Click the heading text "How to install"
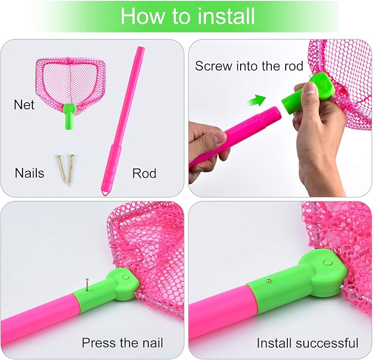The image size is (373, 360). click(187, 16)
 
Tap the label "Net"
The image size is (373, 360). click(24, 104)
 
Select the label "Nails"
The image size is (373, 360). click(30, 173)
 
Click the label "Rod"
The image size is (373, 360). click(144, 173)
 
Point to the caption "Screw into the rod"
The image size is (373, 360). click(249, 66)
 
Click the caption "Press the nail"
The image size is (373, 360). click(122, 344)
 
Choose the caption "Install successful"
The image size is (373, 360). click(307, 344)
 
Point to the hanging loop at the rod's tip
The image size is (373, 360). click(105, 190)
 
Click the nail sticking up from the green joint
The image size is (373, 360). click(86, 284)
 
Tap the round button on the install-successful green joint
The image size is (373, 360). click(329, 264)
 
